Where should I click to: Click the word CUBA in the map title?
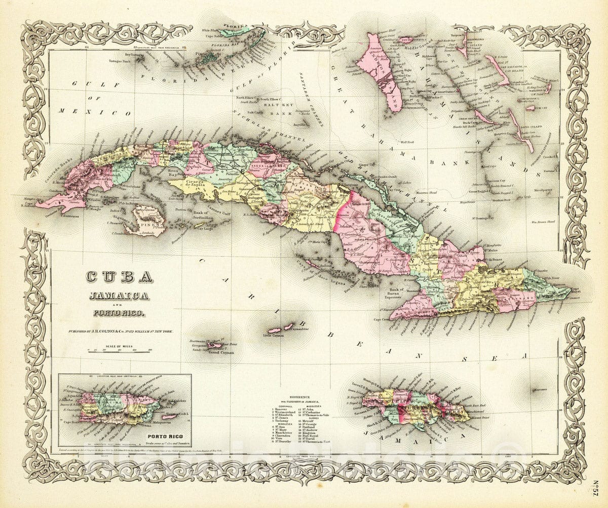pyautogui.click(x=119, y=277)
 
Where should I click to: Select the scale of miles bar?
pyautogui.click(x=120, y=350)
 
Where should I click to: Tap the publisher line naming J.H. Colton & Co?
pyautogui.click(x=121, y=331)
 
